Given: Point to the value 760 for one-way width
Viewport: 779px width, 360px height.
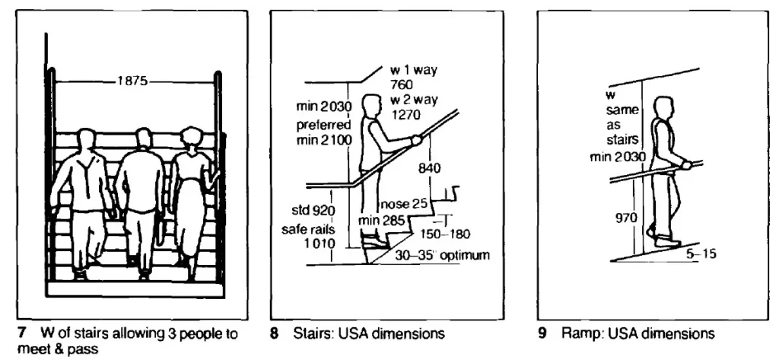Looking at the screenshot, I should click(401, 84).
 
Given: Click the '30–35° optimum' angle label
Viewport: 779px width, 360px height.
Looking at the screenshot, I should click(442, 256).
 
